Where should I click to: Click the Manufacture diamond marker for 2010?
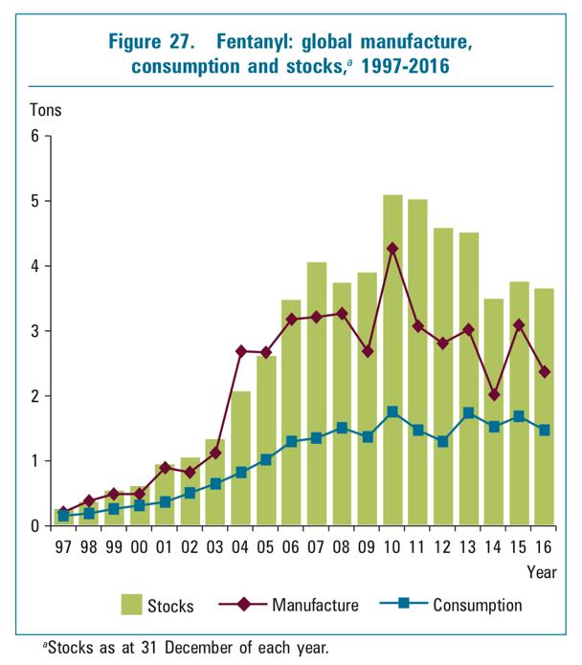coord(392,249)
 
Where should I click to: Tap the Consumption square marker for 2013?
coord(468,412)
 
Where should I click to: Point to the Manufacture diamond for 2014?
coord(493,394)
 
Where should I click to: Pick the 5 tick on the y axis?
coord(34,201)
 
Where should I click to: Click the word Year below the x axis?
coord(541,572)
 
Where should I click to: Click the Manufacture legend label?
coord(315,605)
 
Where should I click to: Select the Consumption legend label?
coord(478,605)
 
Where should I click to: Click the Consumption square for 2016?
coord(543,431)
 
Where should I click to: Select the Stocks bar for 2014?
coord(493,459)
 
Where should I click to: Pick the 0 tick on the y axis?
coord(34,526)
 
